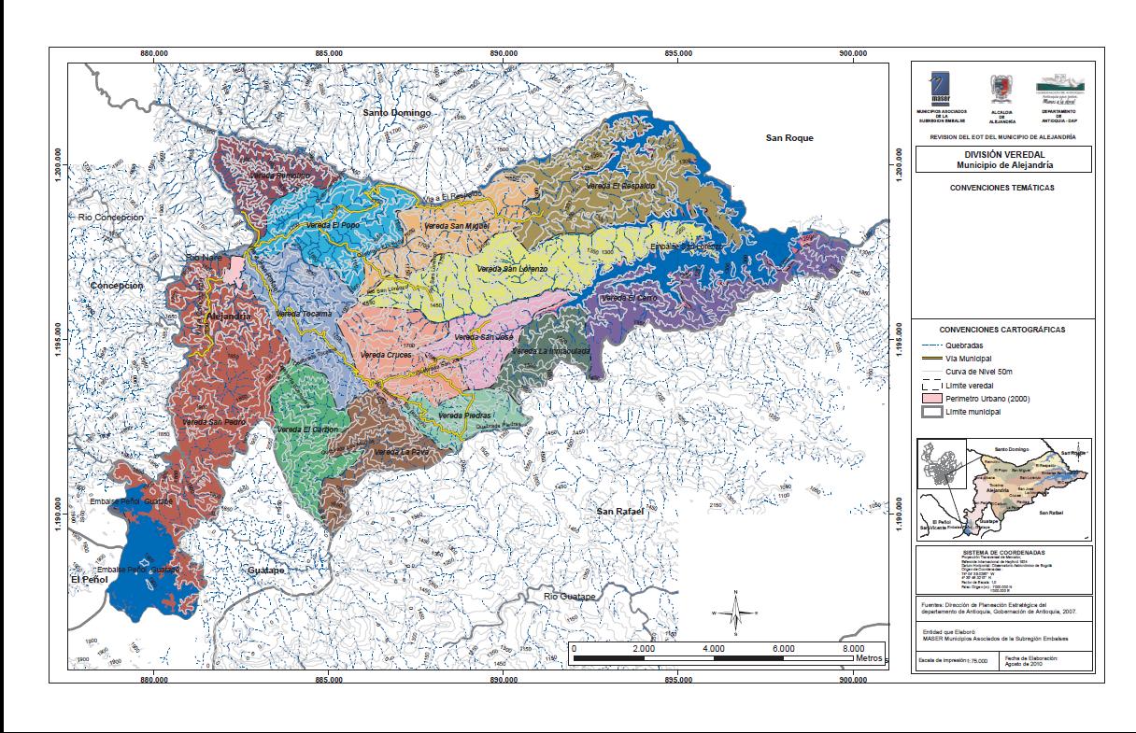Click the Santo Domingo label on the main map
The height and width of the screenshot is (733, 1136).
[398, 112]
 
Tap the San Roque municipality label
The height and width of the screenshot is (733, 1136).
[789, 138]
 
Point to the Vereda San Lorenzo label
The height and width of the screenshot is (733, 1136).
[512, 269]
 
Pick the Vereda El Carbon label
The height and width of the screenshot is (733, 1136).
[307, 430]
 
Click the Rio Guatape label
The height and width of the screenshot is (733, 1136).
[569, 596]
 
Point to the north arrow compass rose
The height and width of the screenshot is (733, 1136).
[736, 613]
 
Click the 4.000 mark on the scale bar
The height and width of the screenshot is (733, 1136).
[714, 648]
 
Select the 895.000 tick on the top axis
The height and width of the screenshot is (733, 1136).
[678, 54]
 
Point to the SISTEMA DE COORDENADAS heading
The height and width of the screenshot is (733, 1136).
[1001, 552]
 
